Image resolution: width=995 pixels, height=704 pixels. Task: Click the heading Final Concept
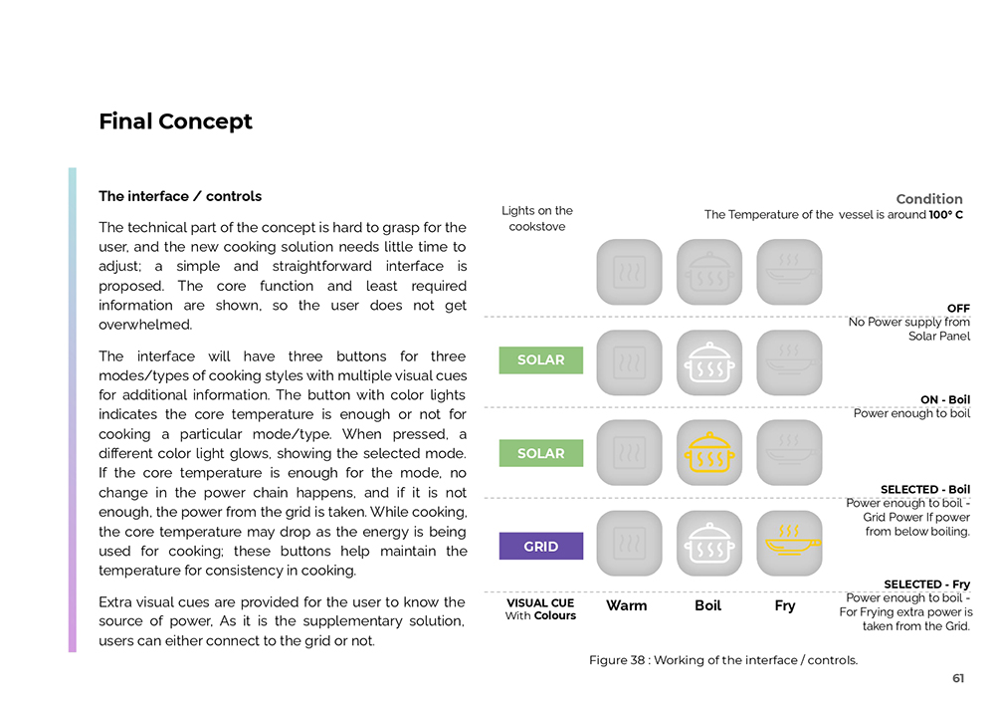pyautogui.click(x=175, y=121)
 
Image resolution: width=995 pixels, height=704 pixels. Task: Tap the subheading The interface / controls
pyautogui.click(x=180, y=196)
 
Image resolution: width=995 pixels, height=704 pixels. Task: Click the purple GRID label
pyautogui.click(x=540, y=547)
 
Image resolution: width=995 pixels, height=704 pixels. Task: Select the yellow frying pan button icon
pyautogui.click(x=789, y=543)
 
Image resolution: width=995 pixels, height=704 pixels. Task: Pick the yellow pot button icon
pyautogui.click(x=709, y=452)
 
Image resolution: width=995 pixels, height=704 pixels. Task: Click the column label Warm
pyautogui.click(x=626, y=605)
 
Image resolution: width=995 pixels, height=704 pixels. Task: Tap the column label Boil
pyautogui.click(x=707, y=605)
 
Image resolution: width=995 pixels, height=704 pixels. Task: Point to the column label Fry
pyautogui.click(x=785, y=605)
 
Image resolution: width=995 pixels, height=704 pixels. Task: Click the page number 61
pyautogui.click(x=957, y=678)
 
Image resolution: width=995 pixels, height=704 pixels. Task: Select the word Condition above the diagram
pyautogui.click(x=929, y=199)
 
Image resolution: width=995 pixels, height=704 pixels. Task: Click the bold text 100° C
pyautogui.click(x=946, y=215)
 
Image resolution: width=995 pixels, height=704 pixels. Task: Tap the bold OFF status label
pyautogui.click(x=958, y=309)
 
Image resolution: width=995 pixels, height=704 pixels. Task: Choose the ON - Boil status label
pyautogui.click(x=944, y=400)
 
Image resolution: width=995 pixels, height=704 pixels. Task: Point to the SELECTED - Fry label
pyautogui.click(x=926, y=585)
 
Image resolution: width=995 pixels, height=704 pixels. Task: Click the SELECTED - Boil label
pyautogui.click(x=924, y=490)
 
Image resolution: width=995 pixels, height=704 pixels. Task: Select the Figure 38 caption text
pyautogui.click(x=722, y=660)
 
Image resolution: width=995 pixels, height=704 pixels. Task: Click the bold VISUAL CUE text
pyautogui.click(x=540, y=602)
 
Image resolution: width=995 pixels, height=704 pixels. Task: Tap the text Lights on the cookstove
pyautogui.click(x=537, y=218)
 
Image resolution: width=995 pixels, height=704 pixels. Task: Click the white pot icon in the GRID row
pyautogui.click(x=709, y=544)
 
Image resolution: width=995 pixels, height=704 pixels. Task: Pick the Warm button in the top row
pyautogui.click(x=629, y=272)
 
